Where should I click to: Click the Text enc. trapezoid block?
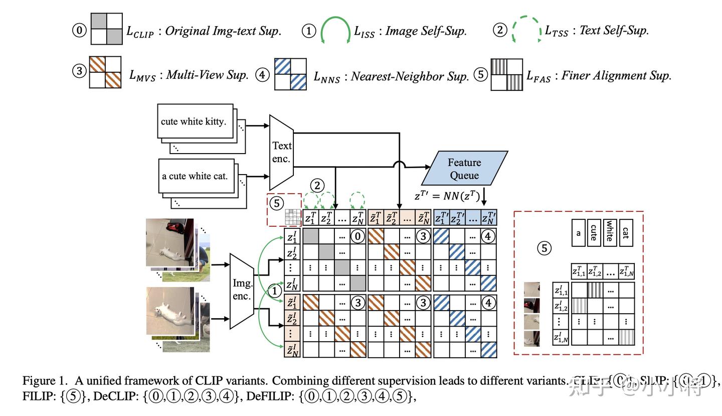[281, 152]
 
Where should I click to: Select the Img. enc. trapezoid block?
[242, 291]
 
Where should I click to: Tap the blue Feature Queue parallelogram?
[464, 169]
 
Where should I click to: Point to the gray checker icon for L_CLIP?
[106, 29]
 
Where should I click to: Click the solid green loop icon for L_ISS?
[335, 30]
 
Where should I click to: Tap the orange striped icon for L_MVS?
[105, 72]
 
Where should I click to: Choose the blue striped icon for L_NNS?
[290, 74]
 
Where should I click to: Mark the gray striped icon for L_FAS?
[506, 74]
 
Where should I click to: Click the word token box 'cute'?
[594, 233]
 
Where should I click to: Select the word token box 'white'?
[610, 233]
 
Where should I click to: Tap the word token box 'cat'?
[626, 233]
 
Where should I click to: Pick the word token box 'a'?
[578, 233]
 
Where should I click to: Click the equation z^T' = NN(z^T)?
[447, 196]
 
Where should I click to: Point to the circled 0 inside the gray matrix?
[357, 236]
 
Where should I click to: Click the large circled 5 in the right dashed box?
[544, 248]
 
